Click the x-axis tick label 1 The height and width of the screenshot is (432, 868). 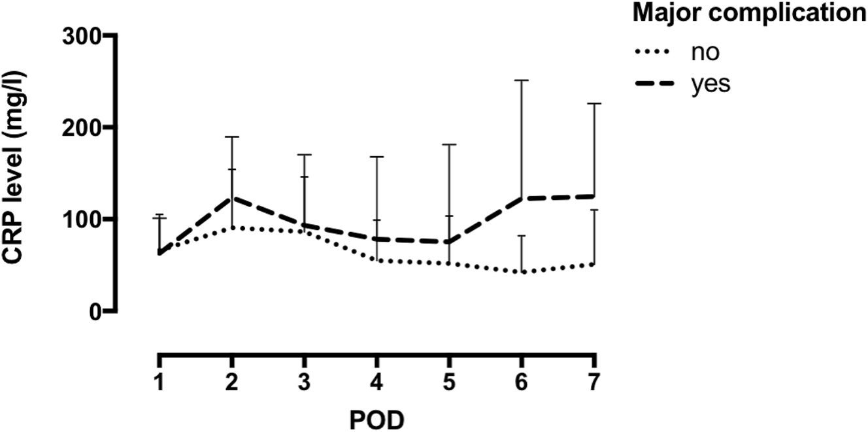point(159,381)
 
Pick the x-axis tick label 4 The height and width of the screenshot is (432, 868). point(376,381)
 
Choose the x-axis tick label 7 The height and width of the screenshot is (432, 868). point(593,381)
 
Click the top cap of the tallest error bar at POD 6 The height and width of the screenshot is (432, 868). point(521,80)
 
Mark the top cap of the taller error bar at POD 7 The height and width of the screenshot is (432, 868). point(593,103)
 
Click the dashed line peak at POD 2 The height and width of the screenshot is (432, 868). point(231,197)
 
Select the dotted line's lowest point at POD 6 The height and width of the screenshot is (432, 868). point(521,272)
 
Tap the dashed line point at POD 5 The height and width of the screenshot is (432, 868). point(448,242)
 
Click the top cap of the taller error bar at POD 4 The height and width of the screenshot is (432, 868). point(376,157)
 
